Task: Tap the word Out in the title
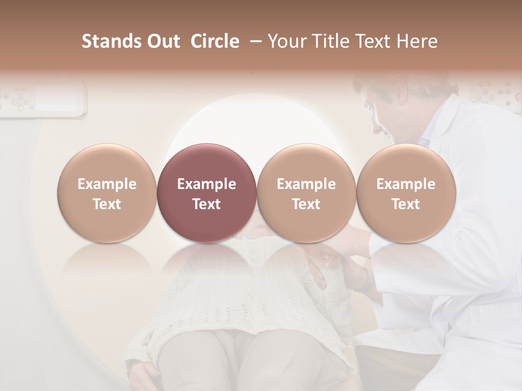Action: coord(163,41)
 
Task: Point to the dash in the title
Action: coord(253,41)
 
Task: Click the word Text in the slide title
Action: coord(370,41)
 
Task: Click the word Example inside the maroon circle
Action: coord(207,184)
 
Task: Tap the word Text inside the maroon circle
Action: coord(207,204)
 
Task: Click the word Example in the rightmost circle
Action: coord(406,184)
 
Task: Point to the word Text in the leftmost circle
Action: coord(107,204)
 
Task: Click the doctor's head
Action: coord(397,109)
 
